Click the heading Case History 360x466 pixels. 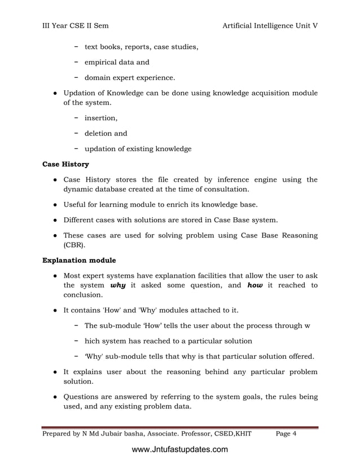66,165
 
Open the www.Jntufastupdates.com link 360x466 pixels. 179,450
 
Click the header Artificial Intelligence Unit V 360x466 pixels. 270,26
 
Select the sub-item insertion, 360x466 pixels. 101,118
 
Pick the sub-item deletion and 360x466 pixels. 106,134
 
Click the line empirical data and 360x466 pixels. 117,62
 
